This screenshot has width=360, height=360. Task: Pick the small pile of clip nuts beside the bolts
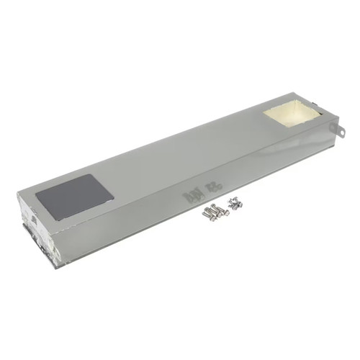235,203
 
